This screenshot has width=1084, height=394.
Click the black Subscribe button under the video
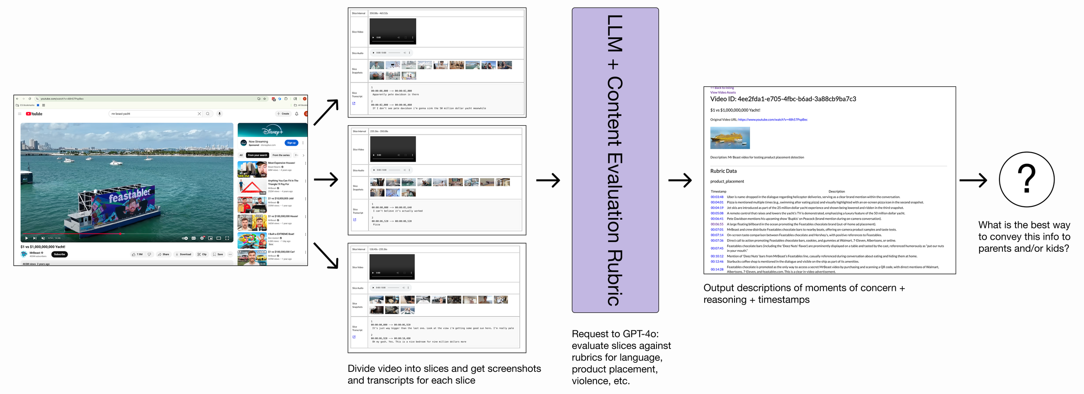point(59,254)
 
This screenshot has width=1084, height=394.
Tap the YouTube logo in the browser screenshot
point(34,114)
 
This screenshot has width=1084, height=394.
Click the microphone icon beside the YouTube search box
point(219,114)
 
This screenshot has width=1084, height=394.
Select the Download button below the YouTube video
point(183,254)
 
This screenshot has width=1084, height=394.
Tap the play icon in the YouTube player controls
point(26,238)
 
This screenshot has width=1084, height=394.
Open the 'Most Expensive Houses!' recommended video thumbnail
point(252,169)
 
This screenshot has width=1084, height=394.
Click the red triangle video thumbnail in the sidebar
point(252,187)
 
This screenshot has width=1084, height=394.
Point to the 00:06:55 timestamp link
point(717,224)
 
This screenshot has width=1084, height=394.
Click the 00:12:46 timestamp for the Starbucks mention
point(717,261)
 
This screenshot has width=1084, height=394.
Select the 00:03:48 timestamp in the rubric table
point(717,197)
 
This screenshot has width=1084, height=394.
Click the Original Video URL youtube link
point(772,120)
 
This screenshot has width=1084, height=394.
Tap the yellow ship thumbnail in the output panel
point(730,138)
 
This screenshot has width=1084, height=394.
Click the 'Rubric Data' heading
point(723,171)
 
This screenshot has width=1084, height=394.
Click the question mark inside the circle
point(1026,179)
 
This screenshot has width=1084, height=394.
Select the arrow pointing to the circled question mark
point(973,180)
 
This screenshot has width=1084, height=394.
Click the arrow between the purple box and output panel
point(679,180)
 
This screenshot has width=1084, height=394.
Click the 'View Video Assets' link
point(723,92)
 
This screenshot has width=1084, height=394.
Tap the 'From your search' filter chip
point(258,155)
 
